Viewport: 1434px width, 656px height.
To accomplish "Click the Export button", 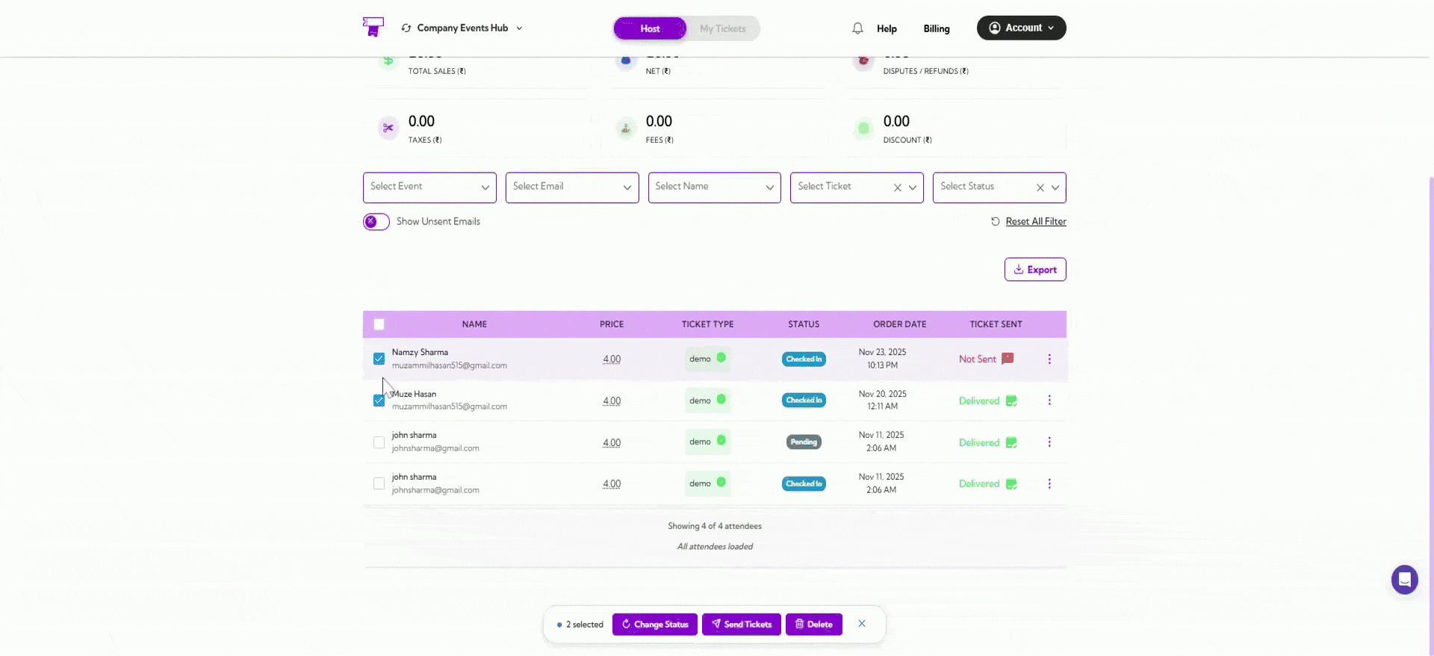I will pos(1034,270).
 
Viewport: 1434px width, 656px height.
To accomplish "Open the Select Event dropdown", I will pos(429,188).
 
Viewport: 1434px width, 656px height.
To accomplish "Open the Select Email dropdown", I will pos(571,188).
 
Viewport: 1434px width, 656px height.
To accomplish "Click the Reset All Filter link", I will pos(1035,222).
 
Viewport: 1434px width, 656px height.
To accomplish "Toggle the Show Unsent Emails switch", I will pos(376,222).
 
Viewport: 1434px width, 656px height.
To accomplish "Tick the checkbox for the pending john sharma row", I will pos(379,442).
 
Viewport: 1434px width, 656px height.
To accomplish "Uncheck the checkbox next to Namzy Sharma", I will pos(379,359).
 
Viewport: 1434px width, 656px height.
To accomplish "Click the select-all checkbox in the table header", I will pos(379,324).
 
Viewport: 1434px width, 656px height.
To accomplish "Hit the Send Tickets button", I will pos(741,625).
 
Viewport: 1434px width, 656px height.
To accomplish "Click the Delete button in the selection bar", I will pos(813,625).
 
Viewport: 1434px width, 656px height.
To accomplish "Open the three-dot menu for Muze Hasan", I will pos(1049,400).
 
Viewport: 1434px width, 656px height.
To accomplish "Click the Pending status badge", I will pos(804,442).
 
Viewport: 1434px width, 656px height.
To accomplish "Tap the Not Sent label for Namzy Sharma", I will pos(978,359).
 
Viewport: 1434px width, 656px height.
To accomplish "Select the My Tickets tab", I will pos(722,28).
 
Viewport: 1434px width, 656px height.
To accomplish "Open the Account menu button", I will pos(1021,28).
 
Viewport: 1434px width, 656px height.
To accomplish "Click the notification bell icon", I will pos(857,28).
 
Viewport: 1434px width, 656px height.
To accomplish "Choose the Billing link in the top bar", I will pos(936,28).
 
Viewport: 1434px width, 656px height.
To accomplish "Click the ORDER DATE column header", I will pos(899,324).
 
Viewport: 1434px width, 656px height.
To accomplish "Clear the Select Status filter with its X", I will pos(1040,188).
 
